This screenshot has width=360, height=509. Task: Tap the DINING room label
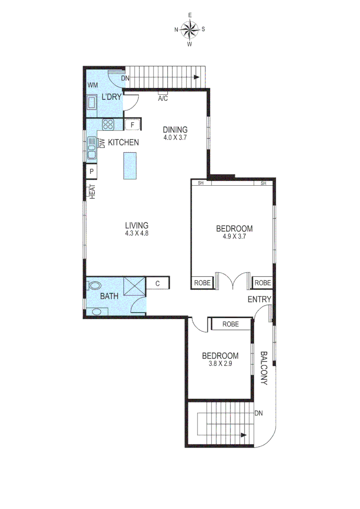[x=175, y=130]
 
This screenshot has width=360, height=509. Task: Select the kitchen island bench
[x=130, y=165]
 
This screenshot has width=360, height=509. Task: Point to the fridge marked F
[x=132, y=125]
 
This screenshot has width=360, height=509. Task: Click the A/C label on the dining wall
[x=163, y=99]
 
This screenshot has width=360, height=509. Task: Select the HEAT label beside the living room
[x=92, y=191]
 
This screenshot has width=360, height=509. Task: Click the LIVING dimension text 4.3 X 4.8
[x=137, y=233]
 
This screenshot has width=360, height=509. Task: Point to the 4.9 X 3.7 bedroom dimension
[x=234, y=237]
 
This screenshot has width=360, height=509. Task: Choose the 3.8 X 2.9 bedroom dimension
[x=220, y=364]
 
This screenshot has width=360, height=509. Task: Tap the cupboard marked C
[x=158, y=283]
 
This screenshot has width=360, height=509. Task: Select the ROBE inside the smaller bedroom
[x=230, y=324]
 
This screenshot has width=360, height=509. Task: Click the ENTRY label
[x=260, y=299]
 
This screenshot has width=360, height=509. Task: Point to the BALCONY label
[x=264, y=368]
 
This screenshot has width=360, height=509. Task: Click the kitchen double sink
[x=91, y=150]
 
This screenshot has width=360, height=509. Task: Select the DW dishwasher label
[x=101, y=143]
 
